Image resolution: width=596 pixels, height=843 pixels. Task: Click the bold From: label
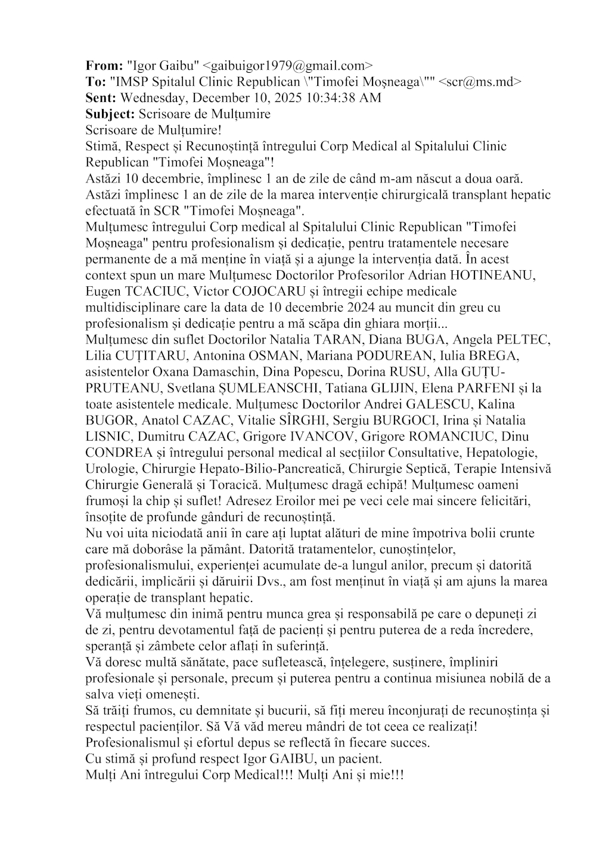pos(104,66)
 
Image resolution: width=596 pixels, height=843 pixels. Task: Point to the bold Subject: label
pos(110,114)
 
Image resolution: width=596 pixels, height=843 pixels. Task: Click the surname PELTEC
pos(519,340)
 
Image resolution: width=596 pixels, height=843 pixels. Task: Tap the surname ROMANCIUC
pos(444,436)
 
